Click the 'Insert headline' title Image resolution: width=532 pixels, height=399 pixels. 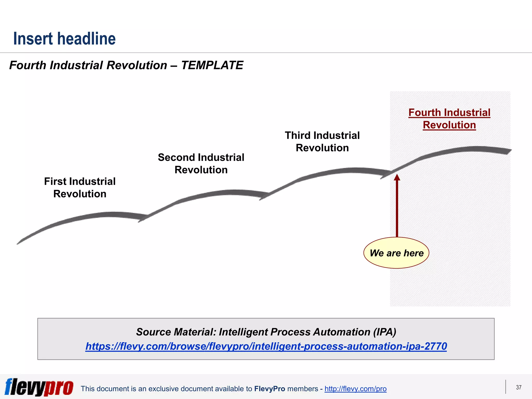tap(64, 39)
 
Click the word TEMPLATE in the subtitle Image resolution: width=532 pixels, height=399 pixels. tap(212, 65)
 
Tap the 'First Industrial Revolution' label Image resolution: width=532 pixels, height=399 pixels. tap(80, 188)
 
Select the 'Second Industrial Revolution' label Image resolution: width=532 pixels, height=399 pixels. tap(201, 163)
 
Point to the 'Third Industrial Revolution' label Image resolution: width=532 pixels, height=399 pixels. tap(322, 142)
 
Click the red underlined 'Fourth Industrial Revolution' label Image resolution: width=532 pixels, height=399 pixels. tap(449, 119)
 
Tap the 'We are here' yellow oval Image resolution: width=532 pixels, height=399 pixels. tap(396, 253)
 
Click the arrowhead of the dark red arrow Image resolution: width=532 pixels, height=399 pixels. tap(397, 177)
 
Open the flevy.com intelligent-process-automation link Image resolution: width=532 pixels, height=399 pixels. tap(266, 346)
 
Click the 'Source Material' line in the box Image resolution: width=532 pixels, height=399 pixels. tap(266, 332)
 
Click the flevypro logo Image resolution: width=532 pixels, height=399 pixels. tap(39, 387)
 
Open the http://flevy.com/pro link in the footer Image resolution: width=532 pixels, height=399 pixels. tap(355, 389)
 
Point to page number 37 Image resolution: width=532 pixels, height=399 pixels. tap(518, 387)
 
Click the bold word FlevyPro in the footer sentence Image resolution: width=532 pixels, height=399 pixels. tap(270, 389)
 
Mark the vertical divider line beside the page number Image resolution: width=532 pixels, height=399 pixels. tap(506, 387)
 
